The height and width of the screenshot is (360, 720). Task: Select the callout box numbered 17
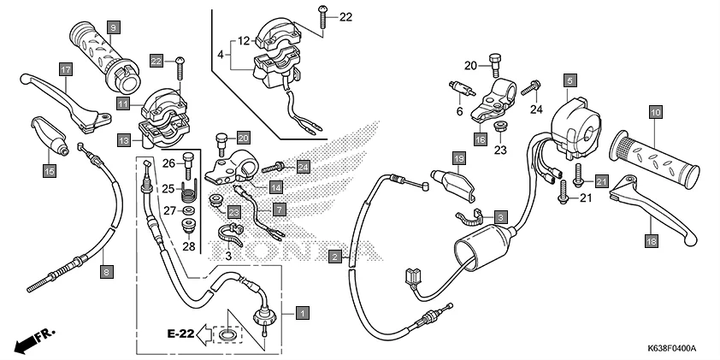pyautogui.click(x=65, y=68)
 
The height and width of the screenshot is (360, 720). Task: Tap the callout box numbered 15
pyautogui.click(x=49, y=171)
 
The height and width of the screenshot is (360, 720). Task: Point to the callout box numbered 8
pyautogui.click(x=105, y=272)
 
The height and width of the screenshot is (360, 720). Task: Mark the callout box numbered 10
pyautogui.click(x=655, y=112)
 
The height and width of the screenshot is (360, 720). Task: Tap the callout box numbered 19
pyautogui.click(x=458, y=159)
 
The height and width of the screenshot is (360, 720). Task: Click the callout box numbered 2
pyautogui.click(x=336, y=255)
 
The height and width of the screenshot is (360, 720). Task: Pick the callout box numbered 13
pyautogui.click(x=124, y=139)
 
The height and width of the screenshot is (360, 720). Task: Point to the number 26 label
pyautogui.click(x=168, y=164)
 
